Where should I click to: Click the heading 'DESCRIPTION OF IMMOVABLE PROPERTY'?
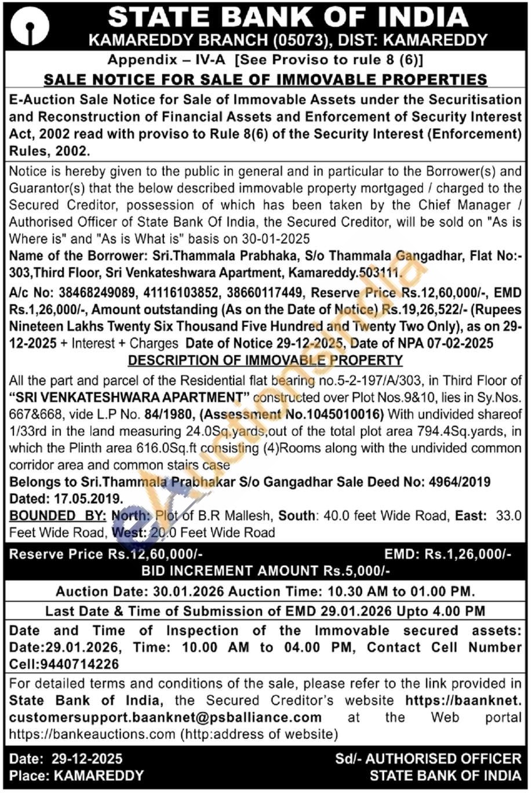(265, 360)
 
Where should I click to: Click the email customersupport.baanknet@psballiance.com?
(166, 717)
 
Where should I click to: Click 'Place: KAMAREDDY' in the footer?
(76, 775)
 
